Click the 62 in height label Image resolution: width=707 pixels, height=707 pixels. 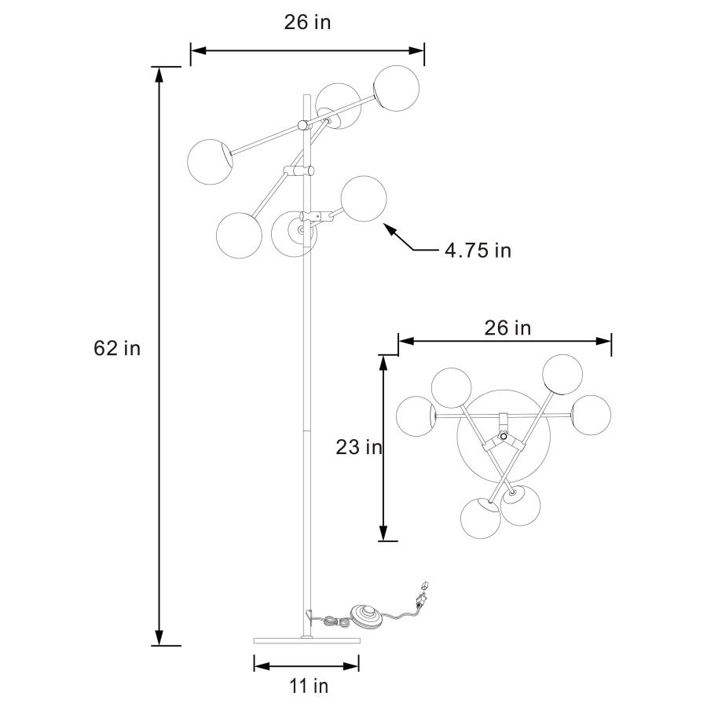[117, 347]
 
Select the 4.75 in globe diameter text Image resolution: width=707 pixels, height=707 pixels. [478, 251]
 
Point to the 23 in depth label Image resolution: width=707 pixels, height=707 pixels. [358, 448]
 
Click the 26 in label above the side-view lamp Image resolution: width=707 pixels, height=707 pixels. [307, 23]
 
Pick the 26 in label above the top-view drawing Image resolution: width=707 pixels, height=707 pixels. [507, 328]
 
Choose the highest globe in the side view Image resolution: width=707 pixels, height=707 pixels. [396, 87]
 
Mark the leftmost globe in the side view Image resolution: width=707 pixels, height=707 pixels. [210, 161]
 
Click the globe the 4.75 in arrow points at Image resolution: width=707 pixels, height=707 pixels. [364, 199]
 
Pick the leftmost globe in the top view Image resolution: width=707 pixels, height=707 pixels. [416, 416]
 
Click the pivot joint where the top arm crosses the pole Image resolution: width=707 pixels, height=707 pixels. [303, 124]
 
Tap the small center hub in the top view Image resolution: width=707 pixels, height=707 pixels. [503, 425]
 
